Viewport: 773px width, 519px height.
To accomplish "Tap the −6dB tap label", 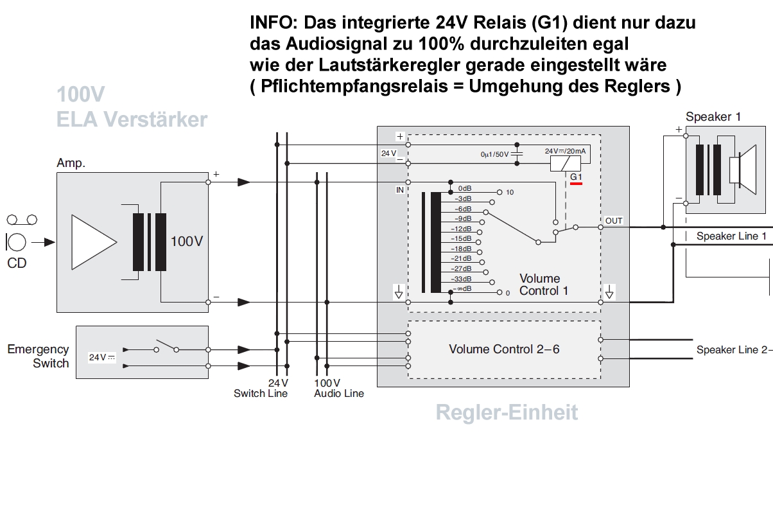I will pyautogui.click(x=462, y=209).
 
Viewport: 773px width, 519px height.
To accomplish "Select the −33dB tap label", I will pyautogui.click(x=462, y=279).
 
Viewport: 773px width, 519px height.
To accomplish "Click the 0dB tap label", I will pyautogui.click(x=465, y=188).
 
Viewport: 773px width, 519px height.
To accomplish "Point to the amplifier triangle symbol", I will pyautogui.click(x=94, y=242).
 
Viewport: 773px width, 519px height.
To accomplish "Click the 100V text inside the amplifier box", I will pyautogui.click(x=187, y=242).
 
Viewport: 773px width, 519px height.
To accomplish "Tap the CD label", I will pyautogui.click(x=17, y=263).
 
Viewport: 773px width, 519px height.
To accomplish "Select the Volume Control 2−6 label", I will pyautogui.click(x=504, y=349).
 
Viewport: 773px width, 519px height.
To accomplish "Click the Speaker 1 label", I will pyautogui.click(x=713, y=117).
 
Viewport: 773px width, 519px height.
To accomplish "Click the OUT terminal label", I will pyautogui.click(x=614, y=221).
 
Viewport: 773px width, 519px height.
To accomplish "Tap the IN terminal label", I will pyautogui.click(x=400, y=191).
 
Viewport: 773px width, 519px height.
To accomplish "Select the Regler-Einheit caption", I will pyautogui.click(x=507, y=412).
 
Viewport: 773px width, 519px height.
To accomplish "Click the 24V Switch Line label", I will pyautogui.click(x=260, y=388).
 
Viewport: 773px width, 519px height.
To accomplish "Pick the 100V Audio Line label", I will pyautogui.click(x=338, y=388).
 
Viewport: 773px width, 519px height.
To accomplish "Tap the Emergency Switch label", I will pyautogui.click(x=38, y=356).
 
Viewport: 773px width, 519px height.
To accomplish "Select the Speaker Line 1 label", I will pyautogui.click(x=731, y=236).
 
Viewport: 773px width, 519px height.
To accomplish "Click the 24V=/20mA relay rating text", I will pyautogui.click(x=564, y=151).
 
